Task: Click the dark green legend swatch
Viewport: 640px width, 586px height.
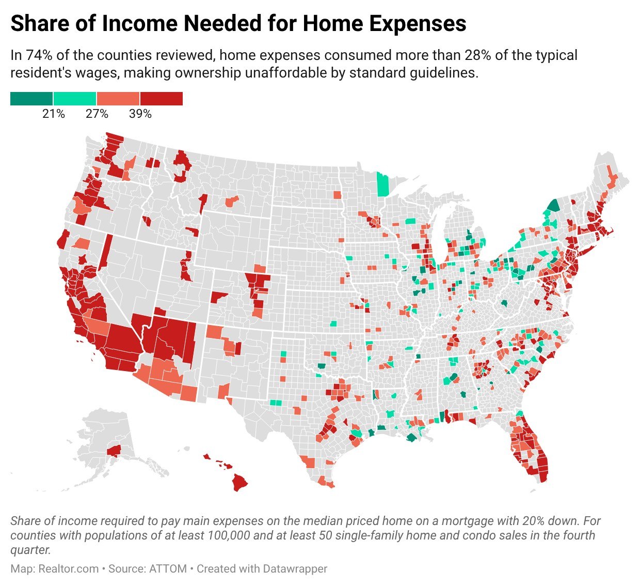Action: pos(31,98)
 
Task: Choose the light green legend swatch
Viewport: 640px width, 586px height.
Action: pos(75,98)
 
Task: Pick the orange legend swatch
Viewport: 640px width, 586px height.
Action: pos(118,98)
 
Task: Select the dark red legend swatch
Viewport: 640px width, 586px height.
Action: pos(161,98)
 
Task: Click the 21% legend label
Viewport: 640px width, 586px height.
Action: pos(54,114)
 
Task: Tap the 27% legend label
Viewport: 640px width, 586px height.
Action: pos(97,114)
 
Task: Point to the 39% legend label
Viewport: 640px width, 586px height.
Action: pos(140,114)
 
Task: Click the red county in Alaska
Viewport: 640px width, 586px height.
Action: pos(114,450)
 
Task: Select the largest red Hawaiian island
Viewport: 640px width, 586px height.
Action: pos(239,483)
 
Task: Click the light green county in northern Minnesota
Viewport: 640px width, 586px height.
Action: pos(382,185)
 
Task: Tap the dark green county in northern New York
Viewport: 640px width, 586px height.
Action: pos(553,206)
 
